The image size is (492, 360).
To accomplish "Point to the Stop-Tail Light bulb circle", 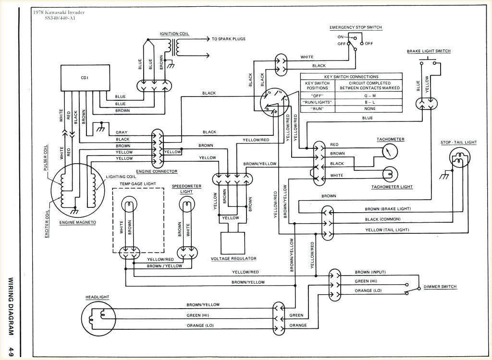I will point(460,157).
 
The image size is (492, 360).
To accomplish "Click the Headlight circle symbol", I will point(98,316).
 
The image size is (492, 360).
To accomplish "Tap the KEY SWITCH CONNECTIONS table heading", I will point(351,76).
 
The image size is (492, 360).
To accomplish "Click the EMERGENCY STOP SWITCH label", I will point(356,27).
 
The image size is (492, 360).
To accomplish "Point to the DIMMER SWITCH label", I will point(440,287).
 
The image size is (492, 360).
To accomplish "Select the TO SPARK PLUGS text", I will point(228,39).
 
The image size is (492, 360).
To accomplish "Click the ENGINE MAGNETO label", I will point(77,223).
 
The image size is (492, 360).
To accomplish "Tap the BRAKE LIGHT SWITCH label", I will point(429,51).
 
